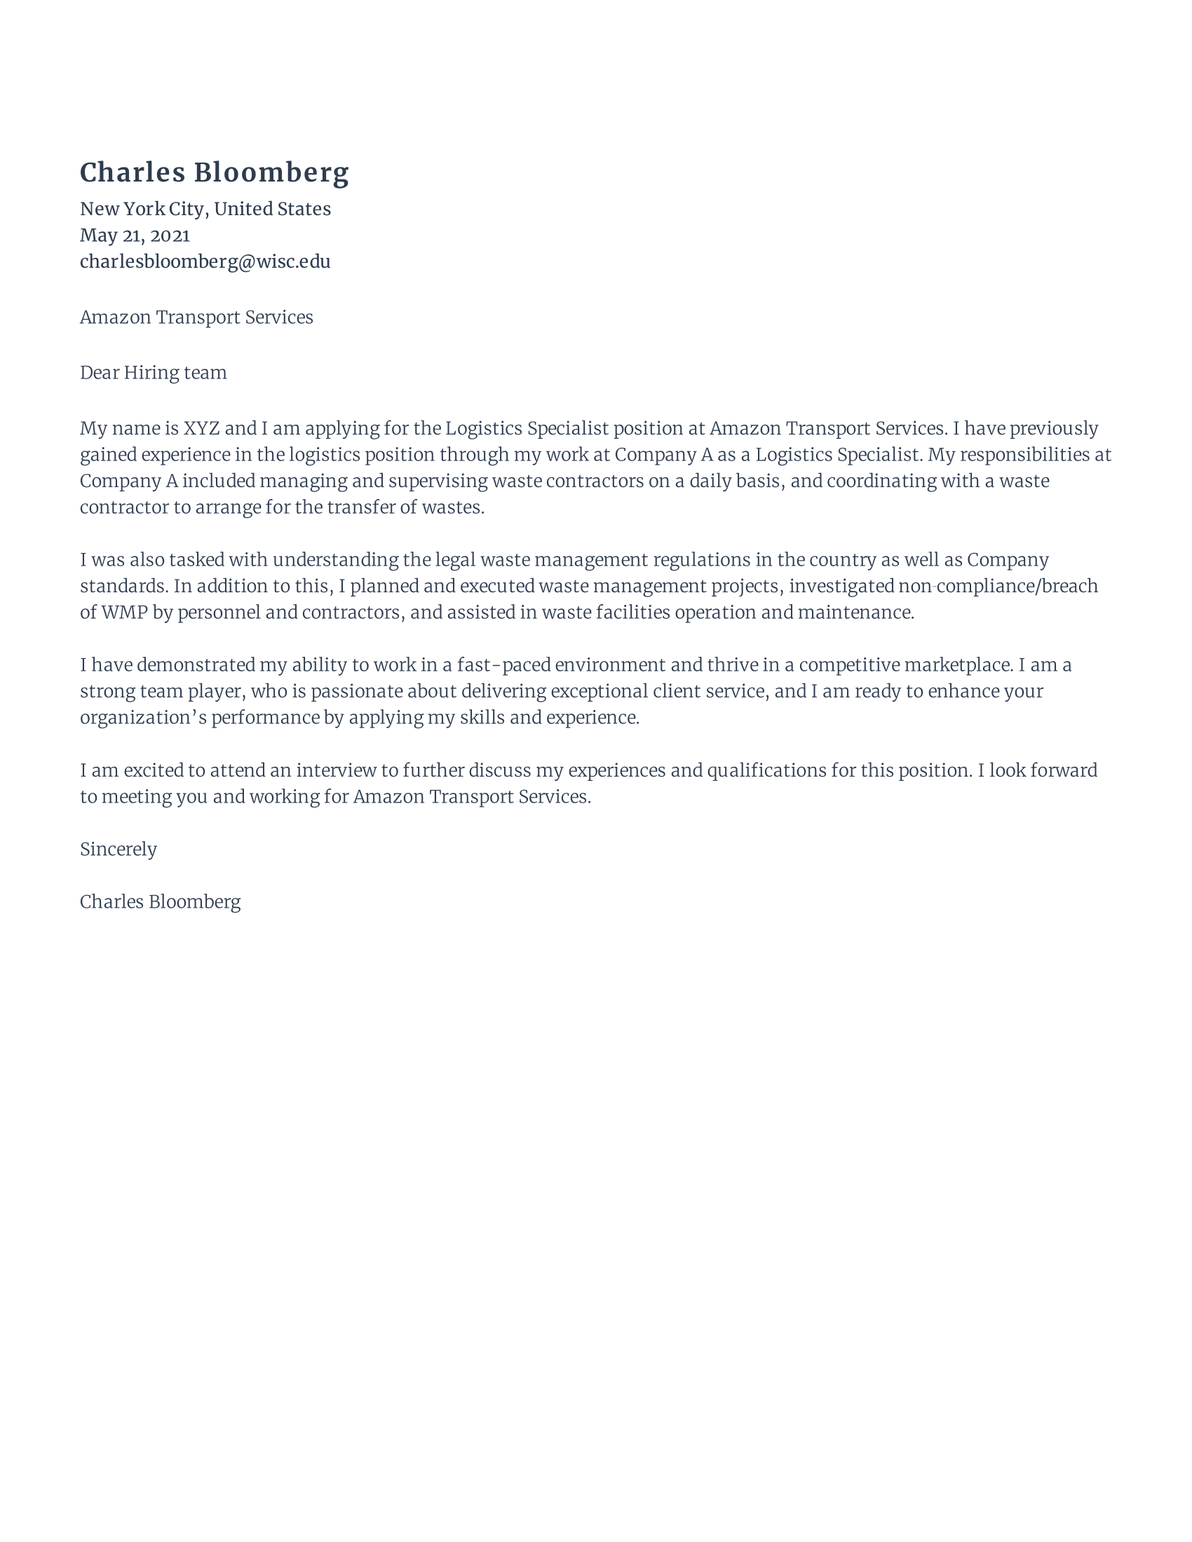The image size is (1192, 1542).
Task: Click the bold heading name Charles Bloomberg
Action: pos(214,173)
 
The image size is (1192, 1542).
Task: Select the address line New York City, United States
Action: pos(205,209)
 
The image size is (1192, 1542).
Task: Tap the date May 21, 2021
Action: pos(134,235)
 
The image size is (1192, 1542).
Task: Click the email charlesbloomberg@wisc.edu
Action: pos(205,262)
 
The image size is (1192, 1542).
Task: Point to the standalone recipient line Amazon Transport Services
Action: pos(196,318)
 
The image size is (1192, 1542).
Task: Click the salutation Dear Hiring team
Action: pos(154,373)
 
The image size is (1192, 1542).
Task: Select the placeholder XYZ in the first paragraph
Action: pos(201,428)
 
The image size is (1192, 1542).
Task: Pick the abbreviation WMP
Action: pos(124,613)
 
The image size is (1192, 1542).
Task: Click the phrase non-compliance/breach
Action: pos(998,587)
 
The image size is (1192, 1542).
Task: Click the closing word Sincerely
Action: pos(118,850)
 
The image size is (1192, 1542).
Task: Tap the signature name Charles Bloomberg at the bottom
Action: pos(161,902)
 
